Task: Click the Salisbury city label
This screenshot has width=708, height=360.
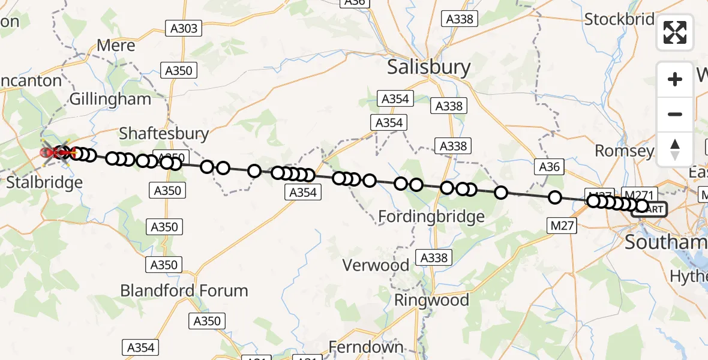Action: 428,67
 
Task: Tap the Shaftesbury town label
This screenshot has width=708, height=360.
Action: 164,133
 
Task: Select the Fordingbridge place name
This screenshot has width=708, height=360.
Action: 431,217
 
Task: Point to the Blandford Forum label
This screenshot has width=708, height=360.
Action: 184,291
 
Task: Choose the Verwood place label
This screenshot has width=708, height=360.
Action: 376,265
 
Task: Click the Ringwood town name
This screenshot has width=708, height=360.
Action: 431,299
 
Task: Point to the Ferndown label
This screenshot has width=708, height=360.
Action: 365,347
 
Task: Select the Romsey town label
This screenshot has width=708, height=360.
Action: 624,150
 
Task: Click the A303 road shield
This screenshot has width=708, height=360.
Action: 182,28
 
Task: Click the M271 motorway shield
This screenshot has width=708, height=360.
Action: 640,194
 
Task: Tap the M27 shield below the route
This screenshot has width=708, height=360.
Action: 562,226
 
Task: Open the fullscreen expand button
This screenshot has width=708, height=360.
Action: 675,32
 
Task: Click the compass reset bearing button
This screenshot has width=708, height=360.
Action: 675,149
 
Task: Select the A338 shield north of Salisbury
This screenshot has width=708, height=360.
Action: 460,19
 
